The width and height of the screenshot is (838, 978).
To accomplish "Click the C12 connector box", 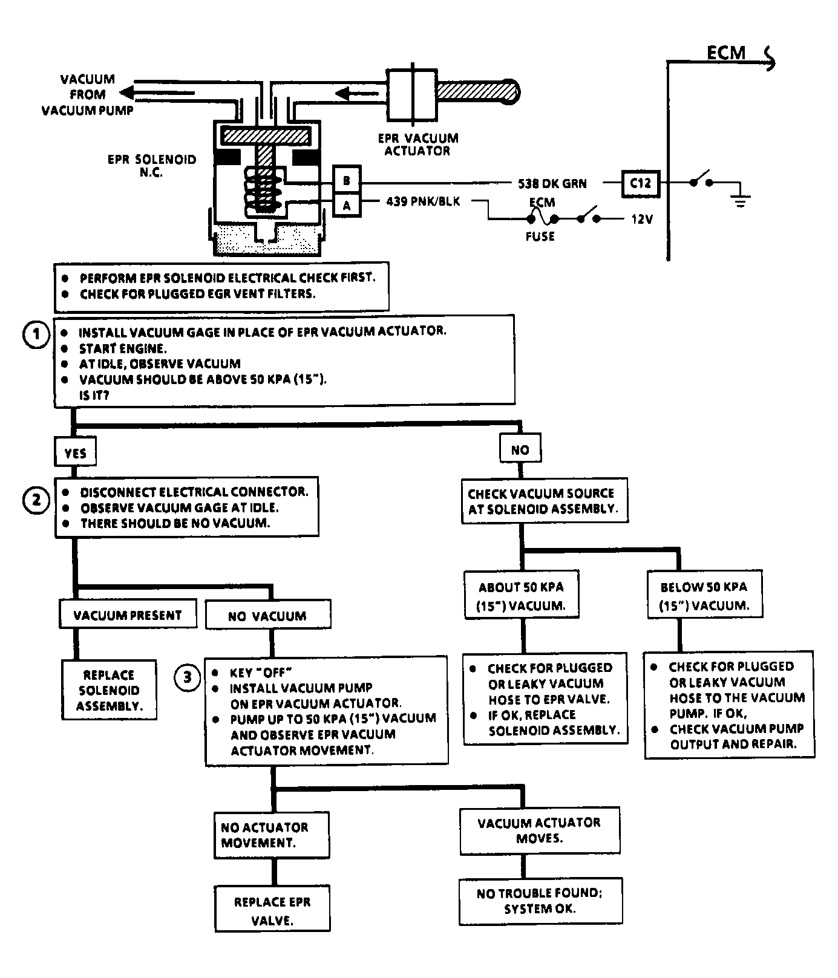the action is pos(641,182).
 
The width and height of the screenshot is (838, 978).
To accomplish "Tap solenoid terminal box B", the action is pos(347,180).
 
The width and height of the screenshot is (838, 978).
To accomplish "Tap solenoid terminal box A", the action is pos(347,206).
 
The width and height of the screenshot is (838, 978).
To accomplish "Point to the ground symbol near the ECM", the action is pos(740,200).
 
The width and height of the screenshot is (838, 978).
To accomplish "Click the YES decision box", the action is pos(76,453).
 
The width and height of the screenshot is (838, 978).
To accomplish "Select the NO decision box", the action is pos(520,449).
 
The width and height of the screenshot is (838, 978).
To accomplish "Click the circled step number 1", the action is pos(36,334).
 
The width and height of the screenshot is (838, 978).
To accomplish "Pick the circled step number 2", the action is pos(36,501).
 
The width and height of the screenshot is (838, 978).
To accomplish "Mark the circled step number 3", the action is pos(188,677).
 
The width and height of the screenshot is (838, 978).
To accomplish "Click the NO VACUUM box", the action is pos(268,615).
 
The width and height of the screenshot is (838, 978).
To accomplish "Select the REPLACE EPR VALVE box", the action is pos(272,909).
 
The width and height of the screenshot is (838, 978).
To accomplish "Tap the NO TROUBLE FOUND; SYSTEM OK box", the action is pos(540,901).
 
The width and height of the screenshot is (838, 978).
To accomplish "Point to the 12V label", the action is pos(643,219).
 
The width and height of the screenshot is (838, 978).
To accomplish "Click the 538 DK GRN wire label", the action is pos(552,183).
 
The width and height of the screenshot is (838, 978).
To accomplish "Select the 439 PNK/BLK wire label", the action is pos(423,201).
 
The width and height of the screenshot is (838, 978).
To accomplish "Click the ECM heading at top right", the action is pos(726,53).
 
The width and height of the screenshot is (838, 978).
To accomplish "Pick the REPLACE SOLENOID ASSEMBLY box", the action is pos(109,689).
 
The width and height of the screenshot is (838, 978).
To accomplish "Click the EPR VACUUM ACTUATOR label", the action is pos(417,145).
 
